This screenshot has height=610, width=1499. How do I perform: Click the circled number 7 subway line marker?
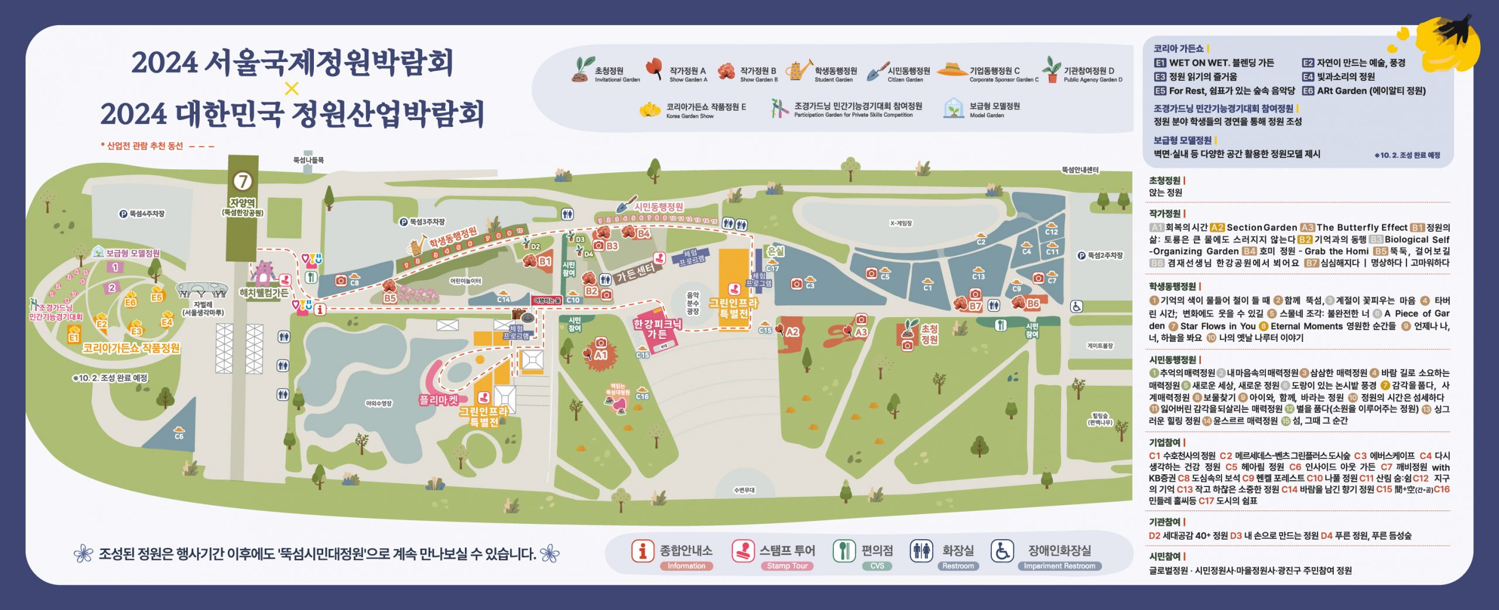point(242,181)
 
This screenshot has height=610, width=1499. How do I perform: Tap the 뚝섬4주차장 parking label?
point(142,214)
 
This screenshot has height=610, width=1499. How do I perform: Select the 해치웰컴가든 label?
point(263,293)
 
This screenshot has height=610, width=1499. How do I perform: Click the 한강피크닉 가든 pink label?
point(657,329)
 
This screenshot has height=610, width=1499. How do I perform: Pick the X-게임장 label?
point(901,223)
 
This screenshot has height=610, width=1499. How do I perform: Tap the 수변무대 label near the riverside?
point(744,490)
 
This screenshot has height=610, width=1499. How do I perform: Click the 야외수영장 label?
point(378,403)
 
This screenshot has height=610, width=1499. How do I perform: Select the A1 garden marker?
point(601,355)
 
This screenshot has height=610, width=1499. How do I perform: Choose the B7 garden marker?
point(975,306)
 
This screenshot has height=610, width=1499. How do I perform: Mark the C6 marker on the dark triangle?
point(179,436)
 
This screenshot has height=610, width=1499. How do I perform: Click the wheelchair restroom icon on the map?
point(1076,306)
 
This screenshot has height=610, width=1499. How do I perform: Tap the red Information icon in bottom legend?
point(642,551)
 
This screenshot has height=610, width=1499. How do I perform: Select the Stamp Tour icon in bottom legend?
point(743,551)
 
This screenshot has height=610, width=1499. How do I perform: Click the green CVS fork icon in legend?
point(844,551)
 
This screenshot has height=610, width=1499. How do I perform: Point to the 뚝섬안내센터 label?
point(1080,170)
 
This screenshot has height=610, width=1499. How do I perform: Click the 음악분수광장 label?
point(693,304)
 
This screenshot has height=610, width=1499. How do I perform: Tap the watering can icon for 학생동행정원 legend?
point(798,70)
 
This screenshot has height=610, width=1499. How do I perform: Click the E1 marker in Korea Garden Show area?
point(73,338)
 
